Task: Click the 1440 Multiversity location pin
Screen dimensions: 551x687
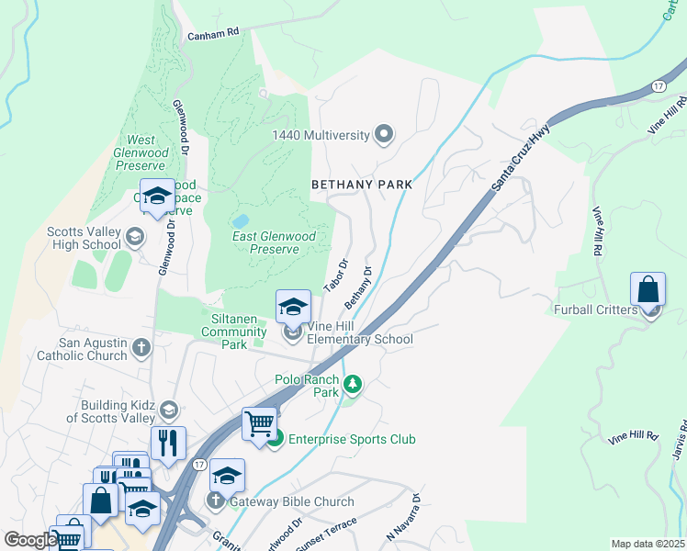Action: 385,135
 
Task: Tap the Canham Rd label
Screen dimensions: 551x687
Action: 212,32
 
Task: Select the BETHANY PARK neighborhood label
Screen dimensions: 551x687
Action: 361,185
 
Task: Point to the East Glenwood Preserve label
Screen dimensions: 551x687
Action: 274,242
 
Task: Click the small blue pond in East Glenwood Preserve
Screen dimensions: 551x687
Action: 241,221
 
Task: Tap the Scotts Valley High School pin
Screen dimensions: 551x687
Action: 135,237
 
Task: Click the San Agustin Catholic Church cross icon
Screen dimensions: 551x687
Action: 141,347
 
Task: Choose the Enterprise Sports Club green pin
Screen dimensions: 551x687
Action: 275,440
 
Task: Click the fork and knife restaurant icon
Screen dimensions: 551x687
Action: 168,444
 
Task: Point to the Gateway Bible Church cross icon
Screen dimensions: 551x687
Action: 216,500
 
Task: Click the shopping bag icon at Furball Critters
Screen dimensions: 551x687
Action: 648,290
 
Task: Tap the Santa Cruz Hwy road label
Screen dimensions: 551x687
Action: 522,156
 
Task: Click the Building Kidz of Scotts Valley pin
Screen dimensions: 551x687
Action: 168,410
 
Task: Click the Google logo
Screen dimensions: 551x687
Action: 29,540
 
